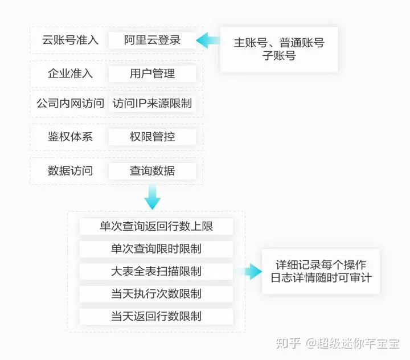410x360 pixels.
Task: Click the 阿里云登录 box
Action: click(x=152, y=40)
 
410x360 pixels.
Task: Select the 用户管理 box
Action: click(x=152, y=73)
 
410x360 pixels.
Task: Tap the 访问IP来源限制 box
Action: click(x=152, y=104)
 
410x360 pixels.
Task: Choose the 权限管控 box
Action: click(x=152, y=137)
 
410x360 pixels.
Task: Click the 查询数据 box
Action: click(x=152, y=170)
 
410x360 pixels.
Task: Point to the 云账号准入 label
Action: click(x=70, y=40)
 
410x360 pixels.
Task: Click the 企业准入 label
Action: click(x=70, y=73)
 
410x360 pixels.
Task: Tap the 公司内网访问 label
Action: click(x=70, y=104)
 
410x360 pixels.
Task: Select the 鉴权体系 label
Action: click(x=70, y=137)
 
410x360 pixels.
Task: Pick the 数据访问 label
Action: click(x=70, y=170)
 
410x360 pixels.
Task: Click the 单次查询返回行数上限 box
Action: click(x=156, y=226)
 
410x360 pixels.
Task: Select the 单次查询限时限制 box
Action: click(x=156, y=249)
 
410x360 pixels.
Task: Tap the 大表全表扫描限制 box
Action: click(x=156, y=271)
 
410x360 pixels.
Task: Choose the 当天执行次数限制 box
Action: click(x=156, y=294)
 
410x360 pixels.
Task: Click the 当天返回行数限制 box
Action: click(x=156, y=316)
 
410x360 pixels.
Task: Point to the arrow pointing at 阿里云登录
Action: click(x=208, y=40)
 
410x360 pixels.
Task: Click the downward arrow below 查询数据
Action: click(x=152, y=198)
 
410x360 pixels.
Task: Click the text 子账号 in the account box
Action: click(x=279, y=56)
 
